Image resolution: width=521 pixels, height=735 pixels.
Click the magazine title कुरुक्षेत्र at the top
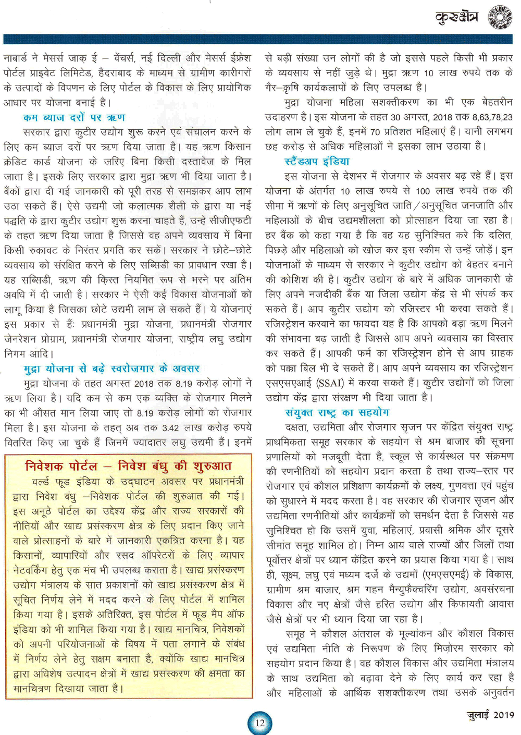tap(456, 17)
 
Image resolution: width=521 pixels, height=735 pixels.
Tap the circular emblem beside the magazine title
tap(500, 17)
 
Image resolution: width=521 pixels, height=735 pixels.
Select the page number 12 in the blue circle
tap(259, 722)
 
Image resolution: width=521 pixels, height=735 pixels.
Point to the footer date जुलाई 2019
tap(490, 715)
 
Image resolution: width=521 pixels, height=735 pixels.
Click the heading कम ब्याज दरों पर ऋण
tap(74, 117)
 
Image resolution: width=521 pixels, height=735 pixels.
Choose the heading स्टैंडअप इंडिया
tap(317, 162)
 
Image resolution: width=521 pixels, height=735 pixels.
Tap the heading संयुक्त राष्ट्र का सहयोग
tap(337, 412)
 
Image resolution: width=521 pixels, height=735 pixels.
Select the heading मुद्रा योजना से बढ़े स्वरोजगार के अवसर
tap(111, 369)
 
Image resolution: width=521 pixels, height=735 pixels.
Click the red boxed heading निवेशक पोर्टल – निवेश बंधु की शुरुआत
tap(128, 465)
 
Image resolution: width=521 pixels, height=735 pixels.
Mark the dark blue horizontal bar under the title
tap(257, 39)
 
